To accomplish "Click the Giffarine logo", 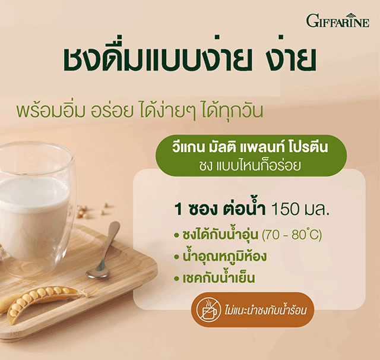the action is click(x=338, y=20).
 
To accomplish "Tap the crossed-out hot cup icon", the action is click(x=208, y=310).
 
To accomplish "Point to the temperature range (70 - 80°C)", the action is click(x=292, y=235).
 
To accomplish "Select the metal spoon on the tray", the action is click(x=104, y=250).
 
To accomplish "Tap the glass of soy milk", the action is click(x=36, y=206).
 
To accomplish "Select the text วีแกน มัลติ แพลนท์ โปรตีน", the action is click(x=250, y=147).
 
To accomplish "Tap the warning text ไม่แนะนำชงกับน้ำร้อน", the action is click(x=266, y=310).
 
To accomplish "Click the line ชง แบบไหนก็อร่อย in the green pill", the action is click(x=250, y=166).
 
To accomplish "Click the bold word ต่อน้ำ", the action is click(x=244, y=209).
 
